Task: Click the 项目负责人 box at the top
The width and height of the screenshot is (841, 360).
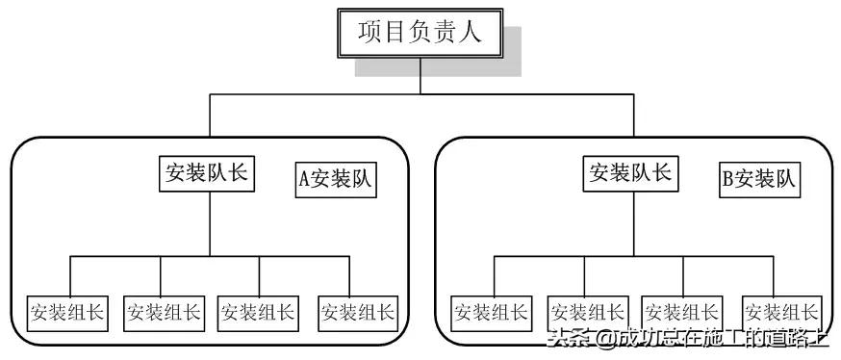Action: pos(420,35)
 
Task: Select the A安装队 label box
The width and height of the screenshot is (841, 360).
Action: pos(336,180)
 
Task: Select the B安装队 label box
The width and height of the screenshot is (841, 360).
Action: pos(760,180)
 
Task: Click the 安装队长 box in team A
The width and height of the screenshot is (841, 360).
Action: pos(207,173)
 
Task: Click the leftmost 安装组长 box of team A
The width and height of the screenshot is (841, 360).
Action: pos(67,312)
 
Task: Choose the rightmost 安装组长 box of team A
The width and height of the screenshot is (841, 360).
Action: pos(358,312)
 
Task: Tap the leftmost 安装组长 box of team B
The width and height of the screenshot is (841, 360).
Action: pos(492,312)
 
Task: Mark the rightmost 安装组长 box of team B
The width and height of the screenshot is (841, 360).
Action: pos(781,312)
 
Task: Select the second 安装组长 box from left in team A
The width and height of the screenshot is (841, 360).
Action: pos(164,312)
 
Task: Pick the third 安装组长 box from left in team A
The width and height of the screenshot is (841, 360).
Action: pos(257,312)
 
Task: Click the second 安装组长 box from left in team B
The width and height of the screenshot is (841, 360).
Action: pos(587,312)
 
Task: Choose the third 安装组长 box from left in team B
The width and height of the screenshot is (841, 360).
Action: pos(681,312)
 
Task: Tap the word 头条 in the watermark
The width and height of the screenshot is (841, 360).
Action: pos(568,340)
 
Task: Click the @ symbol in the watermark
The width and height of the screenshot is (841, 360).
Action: pos(602,340)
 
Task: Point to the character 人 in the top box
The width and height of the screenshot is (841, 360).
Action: pos(488,35)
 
